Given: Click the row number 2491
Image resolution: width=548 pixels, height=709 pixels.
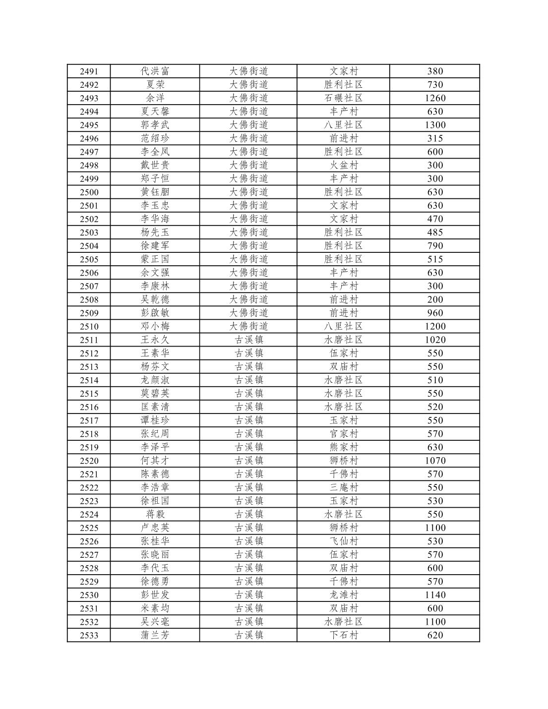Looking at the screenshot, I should pos(89,71).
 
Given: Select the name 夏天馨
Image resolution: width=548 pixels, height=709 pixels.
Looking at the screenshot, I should pos(155,112).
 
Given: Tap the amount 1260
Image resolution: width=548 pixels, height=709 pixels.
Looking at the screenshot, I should pos(434,98).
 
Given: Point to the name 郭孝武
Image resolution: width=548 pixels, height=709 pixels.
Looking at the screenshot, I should pos(155,125).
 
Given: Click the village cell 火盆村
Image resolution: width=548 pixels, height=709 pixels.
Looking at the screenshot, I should pos(343,165).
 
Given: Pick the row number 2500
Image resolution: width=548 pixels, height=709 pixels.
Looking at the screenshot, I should pos(89,192).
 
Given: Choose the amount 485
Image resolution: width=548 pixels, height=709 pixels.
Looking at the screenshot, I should pos(434,233).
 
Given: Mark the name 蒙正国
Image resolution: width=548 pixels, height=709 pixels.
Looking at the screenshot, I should pos(155,259).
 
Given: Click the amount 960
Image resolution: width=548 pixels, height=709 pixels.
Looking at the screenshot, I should pos(434,313).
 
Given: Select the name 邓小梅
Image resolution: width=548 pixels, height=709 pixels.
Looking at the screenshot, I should pos(155,326).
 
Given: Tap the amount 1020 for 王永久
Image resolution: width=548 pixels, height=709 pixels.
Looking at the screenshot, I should pos(434,340).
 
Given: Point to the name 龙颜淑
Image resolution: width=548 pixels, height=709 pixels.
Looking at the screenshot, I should pos(155,380).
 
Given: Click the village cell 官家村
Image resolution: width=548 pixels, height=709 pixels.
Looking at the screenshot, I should pos(343,434).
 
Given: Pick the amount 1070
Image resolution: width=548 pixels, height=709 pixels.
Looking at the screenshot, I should pos(434,461).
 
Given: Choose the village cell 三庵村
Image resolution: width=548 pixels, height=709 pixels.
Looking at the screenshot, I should pos(343,487).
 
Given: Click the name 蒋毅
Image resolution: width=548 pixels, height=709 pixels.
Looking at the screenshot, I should pos(155,514).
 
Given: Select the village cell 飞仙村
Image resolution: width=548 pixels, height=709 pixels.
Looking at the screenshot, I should pos(343,541).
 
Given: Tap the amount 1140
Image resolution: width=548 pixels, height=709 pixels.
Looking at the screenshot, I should pos(434,595).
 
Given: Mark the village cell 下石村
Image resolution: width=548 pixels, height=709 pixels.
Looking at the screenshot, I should pos(343,635).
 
